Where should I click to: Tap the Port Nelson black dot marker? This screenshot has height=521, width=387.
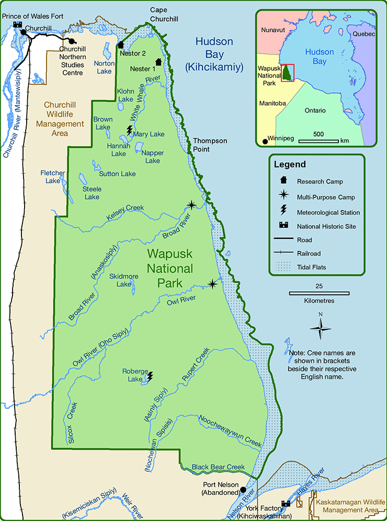[x=243, y=490]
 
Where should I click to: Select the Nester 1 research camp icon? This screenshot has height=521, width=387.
[x=158, y=62]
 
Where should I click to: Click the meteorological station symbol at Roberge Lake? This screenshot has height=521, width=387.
[x=151, y=376]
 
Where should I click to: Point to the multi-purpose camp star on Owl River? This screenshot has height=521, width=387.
[x=212, y=284]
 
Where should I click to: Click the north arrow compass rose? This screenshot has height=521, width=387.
[x=320, y=328]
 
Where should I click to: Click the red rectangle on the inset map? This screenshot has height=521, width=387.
[x=288, y=72]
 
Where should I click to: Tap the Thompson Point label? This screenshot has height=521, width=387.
[x=210, y=145]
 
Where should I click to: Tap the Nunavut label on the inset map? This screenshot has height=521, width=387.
[x=274, y=30]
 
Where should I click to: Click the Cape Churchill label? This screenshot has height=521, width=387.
[x=164, y=14]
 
